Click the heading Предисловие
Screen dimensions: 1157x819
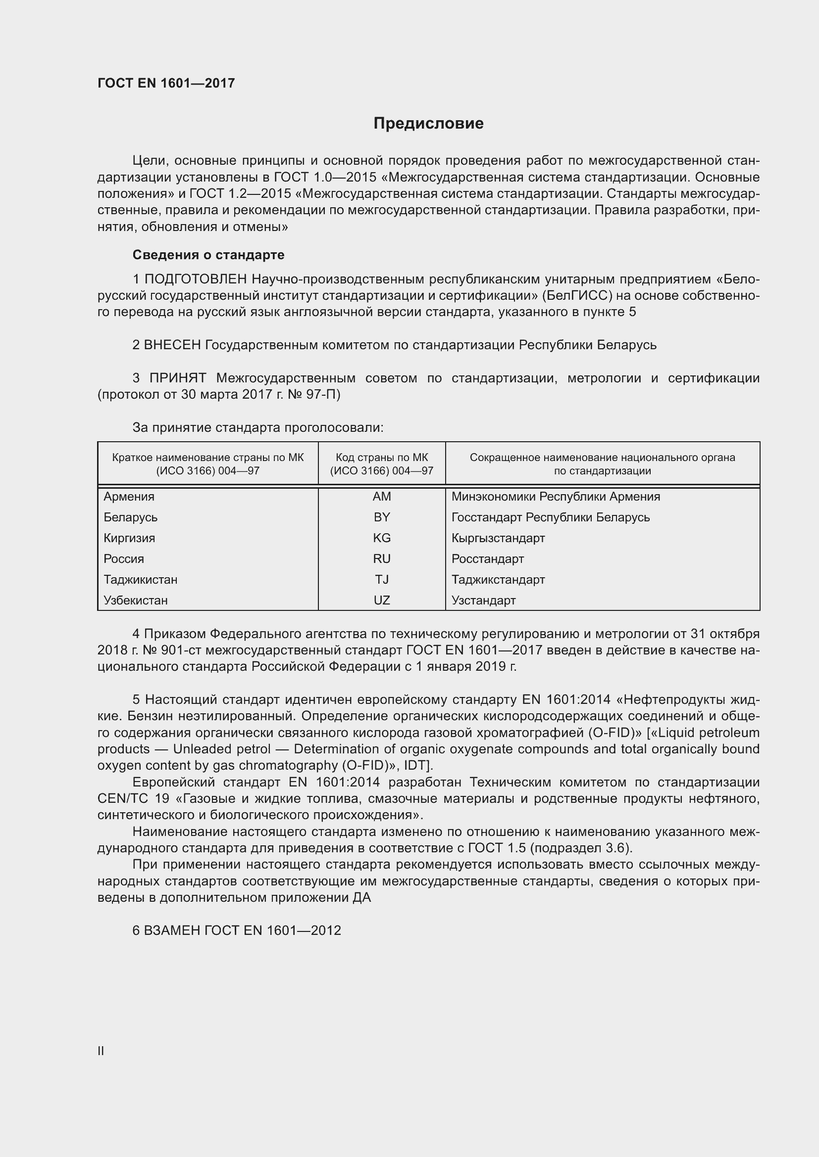(428, 124)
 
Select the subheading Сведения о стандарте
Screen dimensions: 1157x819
(208, 255)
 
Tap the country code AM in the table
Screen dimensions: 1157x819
(382, 497)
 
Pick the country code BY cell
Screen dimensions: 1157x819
(382, 517)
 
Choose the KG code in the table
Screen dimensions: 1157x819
(382, 538)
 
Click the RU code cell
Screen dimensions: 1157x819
(382, 559)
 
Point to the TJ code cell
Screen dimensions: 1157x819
(382, 580)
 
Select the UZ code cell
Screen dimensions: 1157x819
(382, 600)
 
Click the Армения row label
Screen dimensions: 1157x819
(129, 497)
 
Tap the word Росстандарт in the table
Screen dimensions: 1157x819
(488, 559)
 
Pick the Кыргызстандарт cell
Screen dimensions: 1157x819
(498, 538)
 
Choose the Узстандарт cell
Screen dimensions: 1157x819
(484, 600)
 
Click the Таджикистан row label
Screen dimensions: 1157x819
(141, 580)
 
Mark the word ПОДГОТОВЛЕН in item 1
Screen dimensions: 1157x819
(196, 279)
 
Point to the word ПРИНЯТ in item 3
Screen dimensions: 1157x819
(178, 378)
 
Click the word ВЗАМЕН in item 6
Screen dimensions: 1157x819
(172, 931)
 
